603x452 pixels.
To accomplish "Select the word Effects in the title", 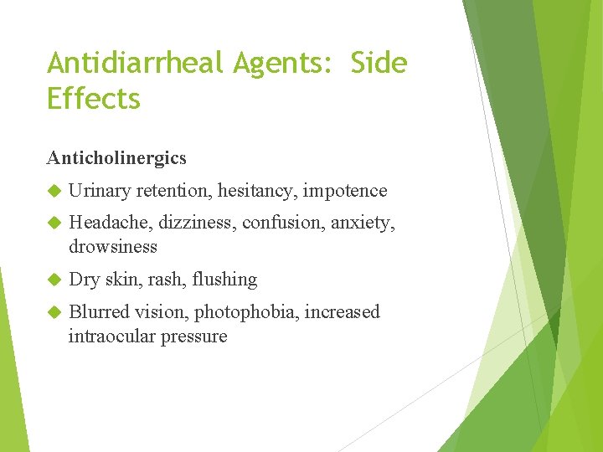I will [94, 99].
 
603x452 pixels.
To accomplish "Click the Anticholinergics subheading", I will [117, 157].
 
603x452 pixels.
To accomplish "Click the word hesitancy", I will [257, 191].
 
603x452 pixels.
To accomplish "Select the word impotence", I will [345, 191].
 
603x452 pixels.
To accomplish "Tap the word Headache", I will [106, 223].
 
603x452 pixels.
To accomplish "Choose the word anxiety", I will [363, 223].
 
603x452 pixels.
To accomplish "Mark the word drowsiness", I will [113, 247].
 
